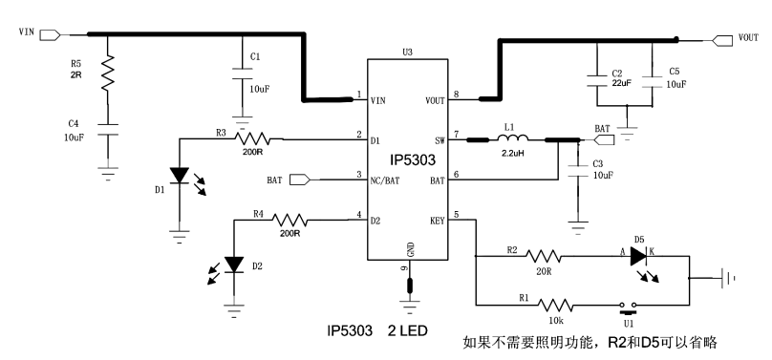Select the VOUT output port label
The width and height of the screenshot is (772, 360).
pos(747,39)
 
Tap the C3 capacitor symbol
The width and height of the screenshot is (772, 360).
pos(576,174)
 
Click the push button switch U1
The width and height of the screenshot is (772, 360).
pos(627,306)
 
